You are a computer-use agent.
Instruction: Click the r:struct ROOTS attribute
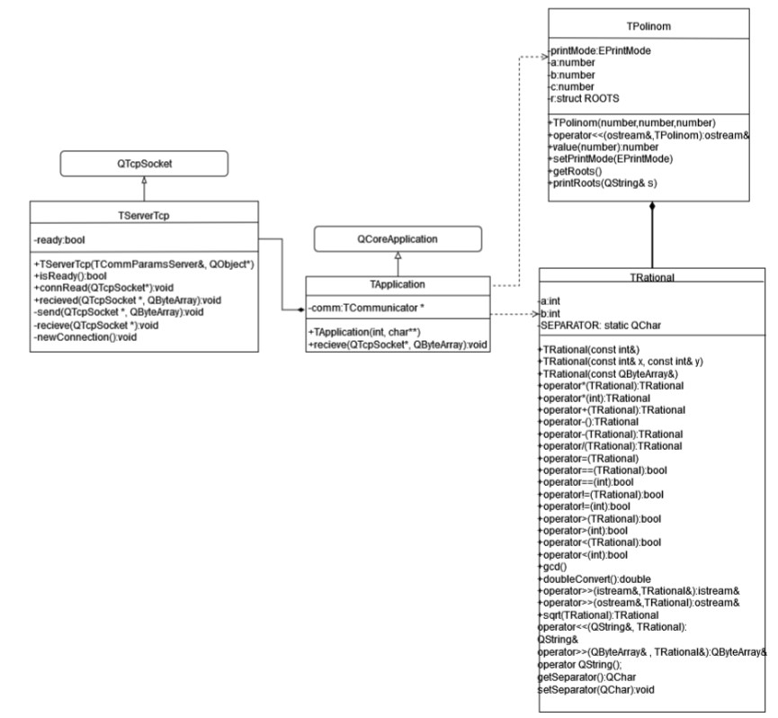[x=586, y=98]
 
